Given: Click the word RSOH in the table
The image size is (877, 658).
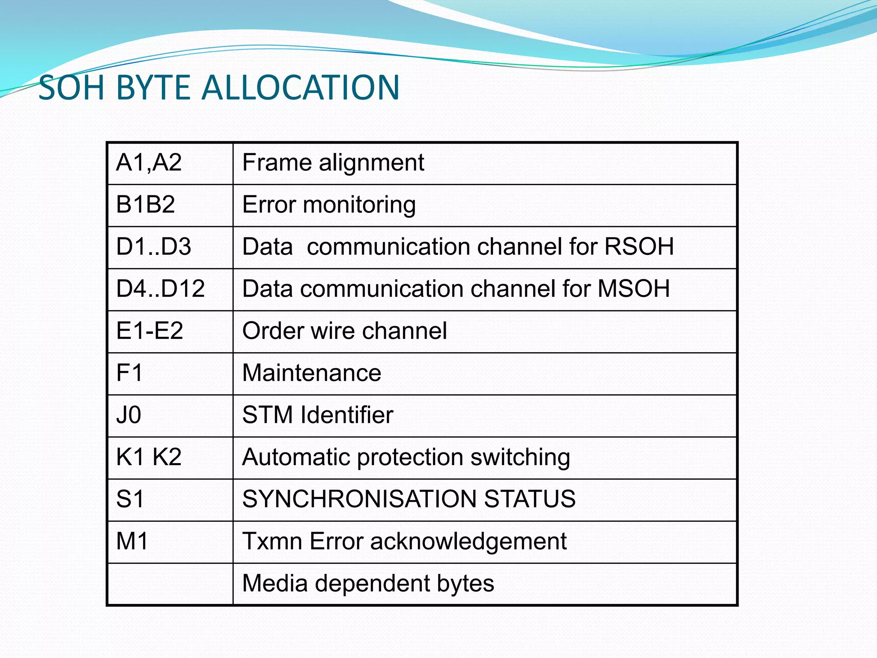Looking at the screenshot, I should tap(639, 247).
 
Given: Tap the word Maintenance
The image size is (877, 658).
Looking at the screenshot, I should tap(312, 373).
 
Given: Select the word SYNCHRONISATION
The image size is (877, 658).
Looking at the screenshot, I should tap(359, 499).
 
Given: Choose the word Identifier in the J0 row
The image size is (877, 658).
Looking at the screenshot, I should tap(347, 415).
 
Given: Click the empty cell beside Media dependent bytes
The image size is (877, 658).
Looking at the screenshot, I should tap(170, 584).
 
